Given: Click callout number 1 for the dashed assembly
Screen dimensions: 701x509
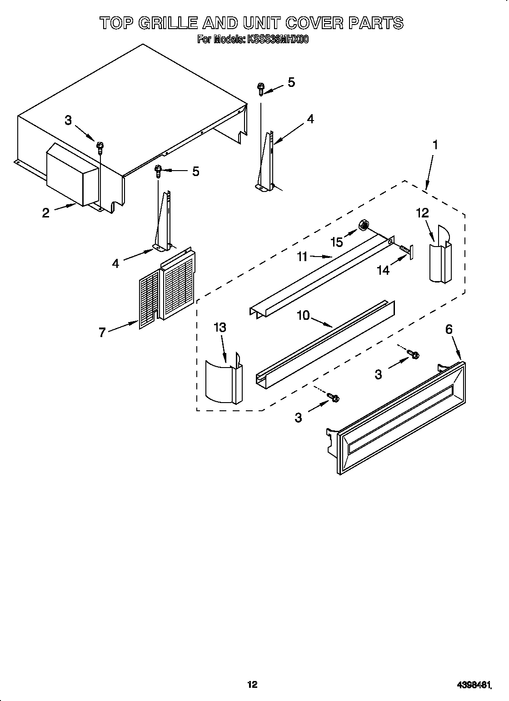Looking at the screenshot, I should pos(435,146).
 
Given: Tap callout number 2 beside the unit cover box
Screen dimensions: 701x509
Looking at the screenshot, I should pos(46,213).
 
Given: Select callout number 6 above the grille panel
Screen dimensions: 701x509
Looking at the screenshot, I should pos(449,329).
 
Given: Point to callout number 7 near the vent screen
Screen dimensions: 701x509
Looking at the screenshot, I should pos(102,333).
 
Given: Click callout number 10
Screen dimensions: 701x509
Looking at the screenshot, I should pos(303,315).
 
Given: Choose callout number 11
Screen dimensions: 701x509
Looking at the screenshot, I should pos(303,257).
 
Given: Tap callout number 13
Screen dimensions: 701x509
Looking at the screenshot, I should pos(220,328).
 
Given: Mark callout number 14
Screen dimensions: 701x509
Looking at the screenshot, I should pos(383,270).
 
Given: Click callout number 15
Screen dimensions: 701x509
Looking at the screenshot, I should pos(337,242).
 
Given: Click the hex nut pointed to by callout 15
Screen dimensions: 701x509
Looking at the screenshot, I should pos(364,225).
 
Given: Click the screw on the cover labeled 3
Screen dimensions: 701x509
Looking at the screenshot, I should pos(100,146).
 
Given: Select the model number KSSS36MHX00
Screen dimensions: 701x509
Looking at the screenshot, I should pos(278,40).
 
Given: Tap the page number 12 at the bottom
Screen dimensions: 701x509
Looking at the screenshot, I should pos(252,671).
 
